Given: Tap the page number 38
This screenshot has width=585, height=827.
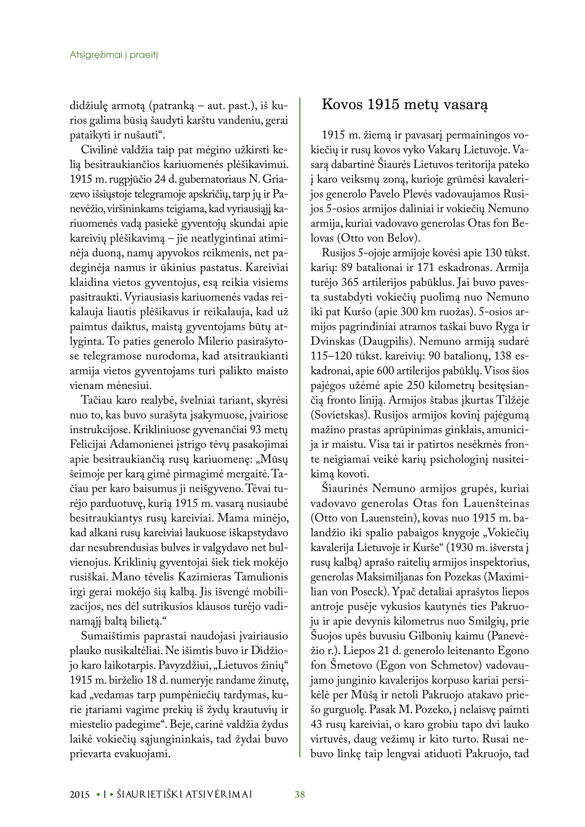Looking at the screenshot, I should point(300,794).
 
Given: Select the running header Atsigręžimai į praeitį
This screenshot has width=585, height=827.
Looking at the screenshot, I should point(114,55).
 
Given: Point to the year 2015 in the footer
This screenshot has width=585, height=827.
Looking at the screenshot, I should point(80,794).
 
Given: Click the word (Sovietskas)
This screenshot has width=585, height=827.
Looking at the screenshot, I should point(340,415).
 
